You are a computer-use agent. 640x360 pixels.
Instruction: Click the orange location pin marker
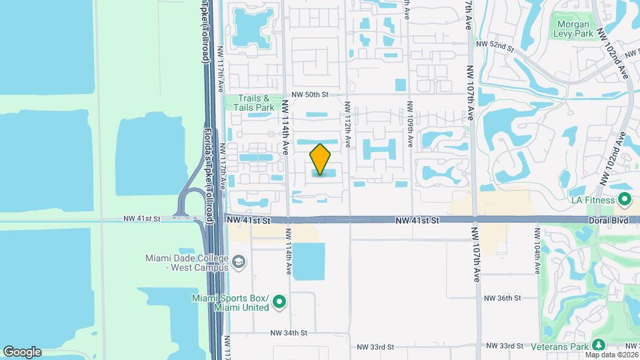pyautogui.click(x=321, y=159)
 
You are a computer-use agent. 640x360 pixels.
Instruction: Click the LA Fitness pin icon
pyautogui.click(x=625, y=199)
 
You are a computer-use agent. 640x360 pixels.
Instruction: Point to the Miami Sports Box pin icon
pyautogui.click(x=280, y=303)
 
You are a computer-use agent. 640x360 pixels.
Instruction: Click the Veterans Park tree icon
pyautogui.click(x=599, y=345)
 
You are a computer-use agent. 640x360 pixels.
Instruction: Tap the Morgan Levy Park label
pyautogui.click(x=574, y=29)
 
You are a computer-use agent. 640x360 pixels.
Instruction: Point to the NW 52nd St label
pyautogui.click(x=495, y=45)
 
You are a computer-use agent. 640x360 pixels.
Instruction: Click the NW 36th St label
pyautogui.click(x=502, y=298)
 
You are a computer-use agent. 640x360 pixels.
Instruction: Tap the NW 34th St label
pyautogui.click(x=288, y=332)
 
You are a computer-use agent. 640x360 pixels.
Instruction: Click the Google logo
pyautogui.click(x=22, y=351)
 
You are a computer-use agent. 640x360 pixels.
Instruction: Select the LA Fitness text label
pyautogui.click(x=593, y=199)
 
